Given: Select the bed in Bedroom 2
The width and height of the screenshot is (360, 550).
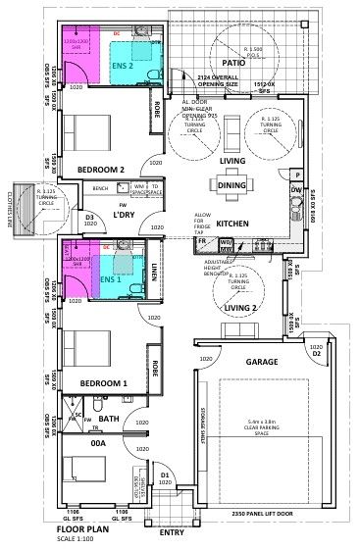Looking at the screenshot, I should point(83,130).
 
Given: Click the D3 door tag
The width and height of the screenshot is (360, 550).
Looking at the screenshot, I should point(89,217).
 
